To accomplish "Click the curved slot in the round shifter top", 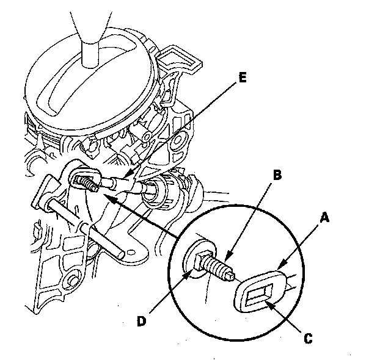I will click(x=92, y=79).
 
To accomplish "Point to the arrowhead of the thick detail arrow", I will click(x=104, y=196).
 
